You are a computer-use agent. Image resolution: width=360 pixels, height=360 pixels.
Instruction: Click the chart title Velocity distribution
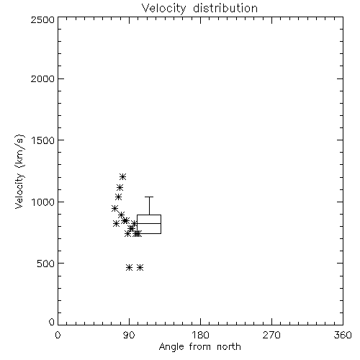point(199,9)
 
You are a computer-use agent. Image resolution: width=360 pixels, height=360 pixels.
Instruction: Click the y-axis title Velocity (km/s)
point(19,171)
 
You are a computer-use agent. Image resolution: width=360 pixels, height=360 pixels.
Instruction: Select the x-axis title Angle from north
point(200,347)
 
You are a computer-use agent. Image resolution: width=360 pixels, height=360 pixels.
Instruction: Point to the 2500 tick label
point(42,19)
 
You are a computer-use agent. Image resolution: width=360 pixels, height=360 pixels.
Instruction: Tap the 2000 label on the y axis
point(42,78)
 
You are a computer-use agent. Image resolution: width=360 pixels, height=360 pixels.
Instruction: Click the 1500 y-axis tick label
point(43,140)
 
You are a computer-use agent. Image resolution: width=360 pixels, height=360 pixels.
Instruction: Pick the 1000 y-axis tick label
point(43,202)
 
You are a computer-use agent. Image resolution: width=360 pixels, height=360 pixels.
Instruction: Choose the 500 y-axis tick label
point(46,264)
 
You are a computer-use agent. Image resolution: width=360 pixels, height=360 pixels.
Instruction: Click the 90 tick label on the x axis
point(129,335)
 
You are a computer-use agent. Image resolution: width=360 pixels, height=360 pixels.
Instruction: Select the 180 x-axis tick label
point(200,335)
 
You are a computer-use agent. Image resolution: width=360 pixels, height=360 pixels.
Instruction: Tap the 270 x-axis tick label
point(271,335)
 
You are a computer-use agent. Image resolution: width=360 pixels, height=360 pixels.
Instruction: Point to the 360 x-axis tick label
point(343,335)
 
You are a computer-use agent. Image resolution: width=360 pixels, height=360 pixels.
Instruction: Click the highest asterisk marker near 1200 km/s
point(122,177)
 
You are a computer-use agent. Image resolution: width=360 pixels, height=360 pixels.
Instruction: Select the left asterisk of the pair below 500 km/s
point(130,267)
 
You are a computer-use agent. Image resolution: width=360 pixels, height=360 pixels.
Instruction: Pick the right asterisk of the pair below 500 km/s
point(140,267)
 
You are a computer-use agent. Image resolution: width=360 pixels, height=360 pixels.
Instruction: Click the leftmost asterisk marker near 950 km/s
point(114,208)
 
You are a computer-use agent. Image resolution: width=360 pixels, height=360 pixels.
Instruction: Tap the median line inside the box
point(149,223)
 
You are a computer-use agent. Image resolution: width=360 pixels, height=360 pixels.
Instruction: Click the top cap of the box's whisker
point(149,197)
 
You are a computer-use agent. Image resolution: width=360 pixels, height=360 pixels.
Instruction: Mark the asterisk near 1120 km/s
point(120,187)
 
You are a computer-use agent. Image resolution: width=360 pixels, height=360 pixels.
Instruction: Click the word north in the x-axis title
point(229,347)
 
